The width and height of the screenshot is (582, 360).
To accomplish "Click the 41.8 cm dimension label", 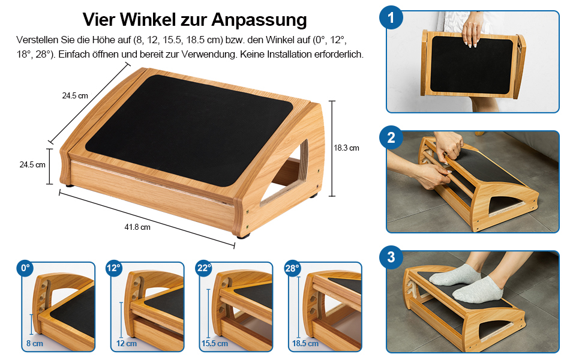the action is coord(137,227).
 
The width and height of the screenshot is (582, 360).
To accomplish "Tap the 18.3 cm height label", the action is coord(346,148).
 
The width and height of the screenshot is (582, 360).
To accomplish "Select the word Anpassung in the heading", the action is coord(259,20).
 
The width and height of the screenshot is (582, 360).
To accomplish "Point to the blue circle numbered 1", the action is coord(391,17).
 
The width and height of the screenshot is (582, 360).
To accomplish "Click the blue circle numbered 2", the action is coord(391,137).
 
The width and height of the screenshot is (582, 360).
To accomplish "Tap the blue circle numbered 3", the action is coord(391,257).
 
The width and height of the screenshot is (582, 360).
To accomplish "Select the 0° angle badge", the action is coord(25,268).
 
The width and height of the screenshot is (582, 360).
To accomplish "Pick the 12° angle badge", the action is coord(113,268).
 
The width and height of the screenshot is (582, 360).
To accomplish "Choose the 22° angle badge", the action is coord(204,268).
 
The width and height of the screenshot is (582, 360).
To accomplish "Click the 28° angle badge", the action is coord(292,268).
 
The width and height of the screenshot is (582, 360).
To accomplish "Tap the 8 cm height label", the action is coord(35,344).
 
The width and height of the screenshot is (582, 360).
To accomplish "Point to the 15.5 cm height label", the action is coord(215,344).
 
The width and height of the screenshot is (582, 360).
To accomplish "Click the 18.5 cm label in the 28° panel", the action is coord(305,344).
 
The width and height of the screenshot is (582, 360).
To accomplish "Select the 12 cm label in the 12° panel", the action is coord(126,344).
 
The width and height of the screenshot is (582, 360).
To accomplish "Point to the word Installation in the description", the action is coord(289,55).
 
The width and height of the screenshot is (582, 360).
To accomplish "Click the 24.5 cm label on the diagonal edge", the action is coord(75,96).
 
